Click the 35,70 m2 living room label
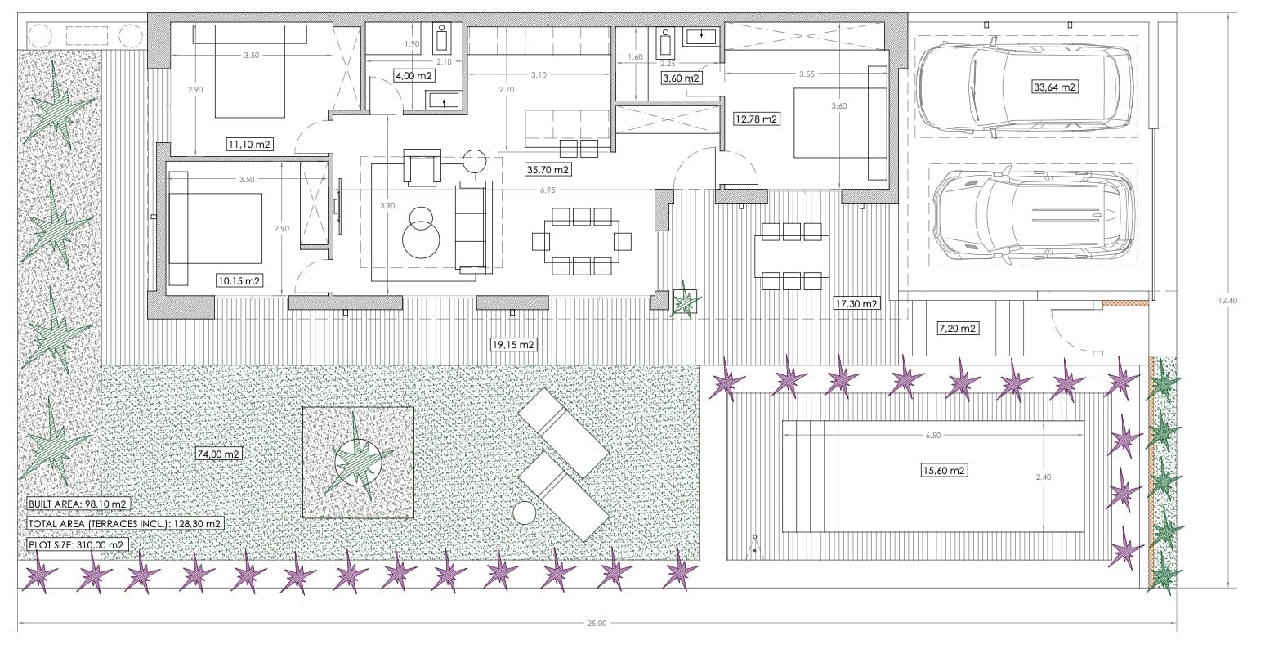click(548, 169)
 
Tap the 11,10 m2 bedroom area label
click(249, 145)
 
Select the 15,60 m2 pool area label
click(944, 470)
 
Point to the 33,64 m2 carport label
click(1054, 87)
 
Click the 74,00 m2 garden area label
click(218, 454)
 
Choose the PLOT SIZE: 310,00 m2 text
click(76, 544)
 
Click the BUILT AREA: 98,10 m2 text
click(78, 504)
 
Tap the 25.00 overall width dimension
click(597, 624)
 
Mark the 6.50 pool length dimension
click(933, 436)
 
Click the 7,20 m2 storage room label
click(957, 328)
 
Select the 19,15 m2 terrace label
click(513, 344)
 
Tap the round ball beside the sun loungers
click(525, 513)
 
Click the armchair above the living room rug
click(422, 168)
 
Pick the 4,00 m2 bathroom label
click(414, 76)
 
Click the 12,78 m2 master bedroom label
click(756, 119)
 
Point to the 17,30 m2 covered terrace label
click(856, 304)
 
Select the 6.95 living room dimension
click(548, 190)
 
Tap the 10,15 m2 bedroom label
click(239, 280)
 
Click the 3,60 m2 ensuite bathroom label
click(682, 78)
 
